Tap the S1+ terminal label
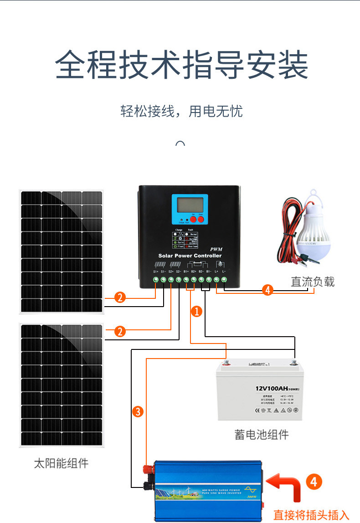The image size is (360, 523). tap(156, 272)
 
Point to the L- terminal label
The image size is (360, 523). tap(224, 272)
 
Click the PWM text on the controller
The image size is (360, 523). tap(215, 249)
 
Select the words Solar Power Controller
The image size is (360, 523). tap(190, 256)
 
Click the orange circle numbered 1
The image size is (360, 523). tap(196, 312)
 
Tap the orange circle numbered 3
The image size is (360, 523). tap(138, 412)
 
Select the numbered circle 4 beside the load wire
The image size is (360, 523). tap(268, 290)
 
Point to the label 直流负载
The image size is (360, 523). tap(313, 282)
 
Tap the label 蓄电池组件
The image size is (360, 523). tap(262, 434)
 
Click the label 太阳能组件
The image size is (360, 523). tap(61, 464)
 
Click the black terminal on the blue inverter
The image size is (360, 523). tap(147, 485)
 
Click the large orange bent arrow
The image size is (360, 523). tap(284, 487)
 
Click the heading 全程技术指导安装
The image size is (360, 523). tap(181, 65)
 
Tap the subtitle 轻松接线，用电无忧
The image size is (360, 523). tap(181, 111)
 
